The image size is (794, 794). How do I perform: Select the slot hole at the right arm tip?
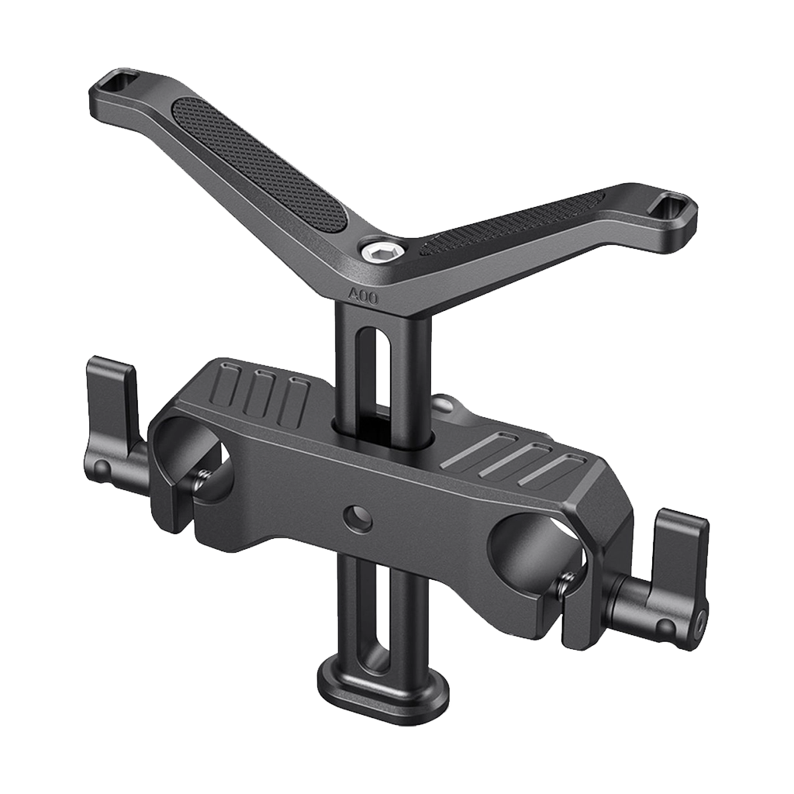coord(666,206)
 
